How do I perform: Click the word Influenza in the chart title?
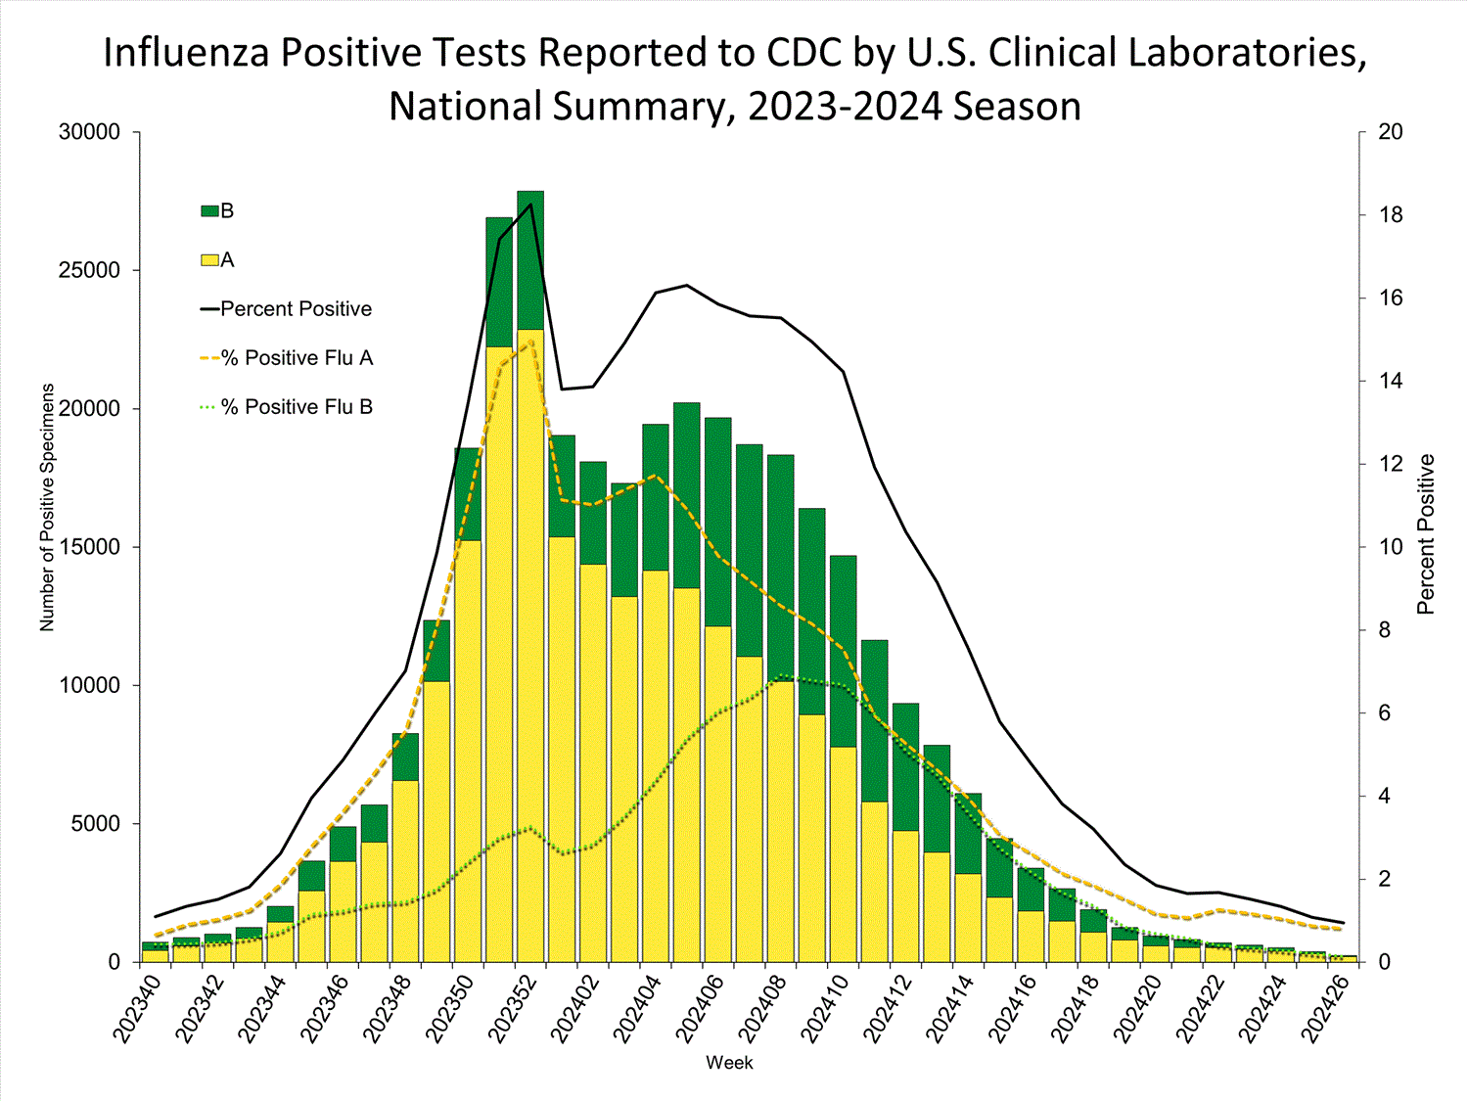click(x=187, y=53)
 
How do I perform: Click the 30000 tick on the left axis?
click(x=89, y=132)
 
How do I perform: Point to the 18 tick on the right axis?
click(x=1391, y=215)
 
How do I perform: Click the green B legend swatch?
click(x=209, y=211)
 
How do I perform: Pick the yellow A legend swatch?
click(x=209, y=260)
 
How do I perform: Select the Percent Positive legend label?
click(x=296, y=309)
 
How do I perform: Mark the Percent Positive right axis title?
click(x=1426, y=534)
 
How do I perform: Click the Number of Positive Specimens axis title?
click(x=47, y=507)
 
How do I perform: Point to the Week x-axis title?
click(x=729, y=1063)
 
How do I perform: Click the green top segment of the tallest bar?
click(x=530, y=260)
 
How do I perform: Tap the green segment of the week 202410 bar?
click(x=844, y=651)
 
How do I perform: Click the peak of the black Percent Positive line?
click(x=530, y=205)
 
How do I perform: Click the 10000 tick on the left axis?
click(x=89, y=685)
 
